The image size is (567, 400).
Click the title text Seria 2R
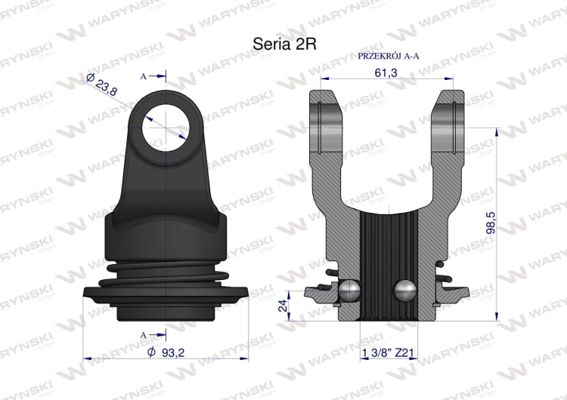pos(284,45)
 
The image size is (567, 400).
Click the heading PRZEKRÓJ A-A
pos(389,56)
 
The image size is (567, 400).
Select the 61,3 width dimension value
pos(386,73)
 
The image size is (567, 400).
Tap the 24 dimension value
pos(283,305)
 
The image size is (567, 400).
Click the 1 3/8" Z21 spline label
pos(386,352)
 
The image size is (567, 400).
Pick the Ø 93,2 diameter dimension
pos(166,352)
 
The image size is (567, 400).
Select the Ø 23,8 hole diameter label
pos(102,85)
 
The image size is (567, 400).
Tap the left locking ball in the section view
pos(350,290)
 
